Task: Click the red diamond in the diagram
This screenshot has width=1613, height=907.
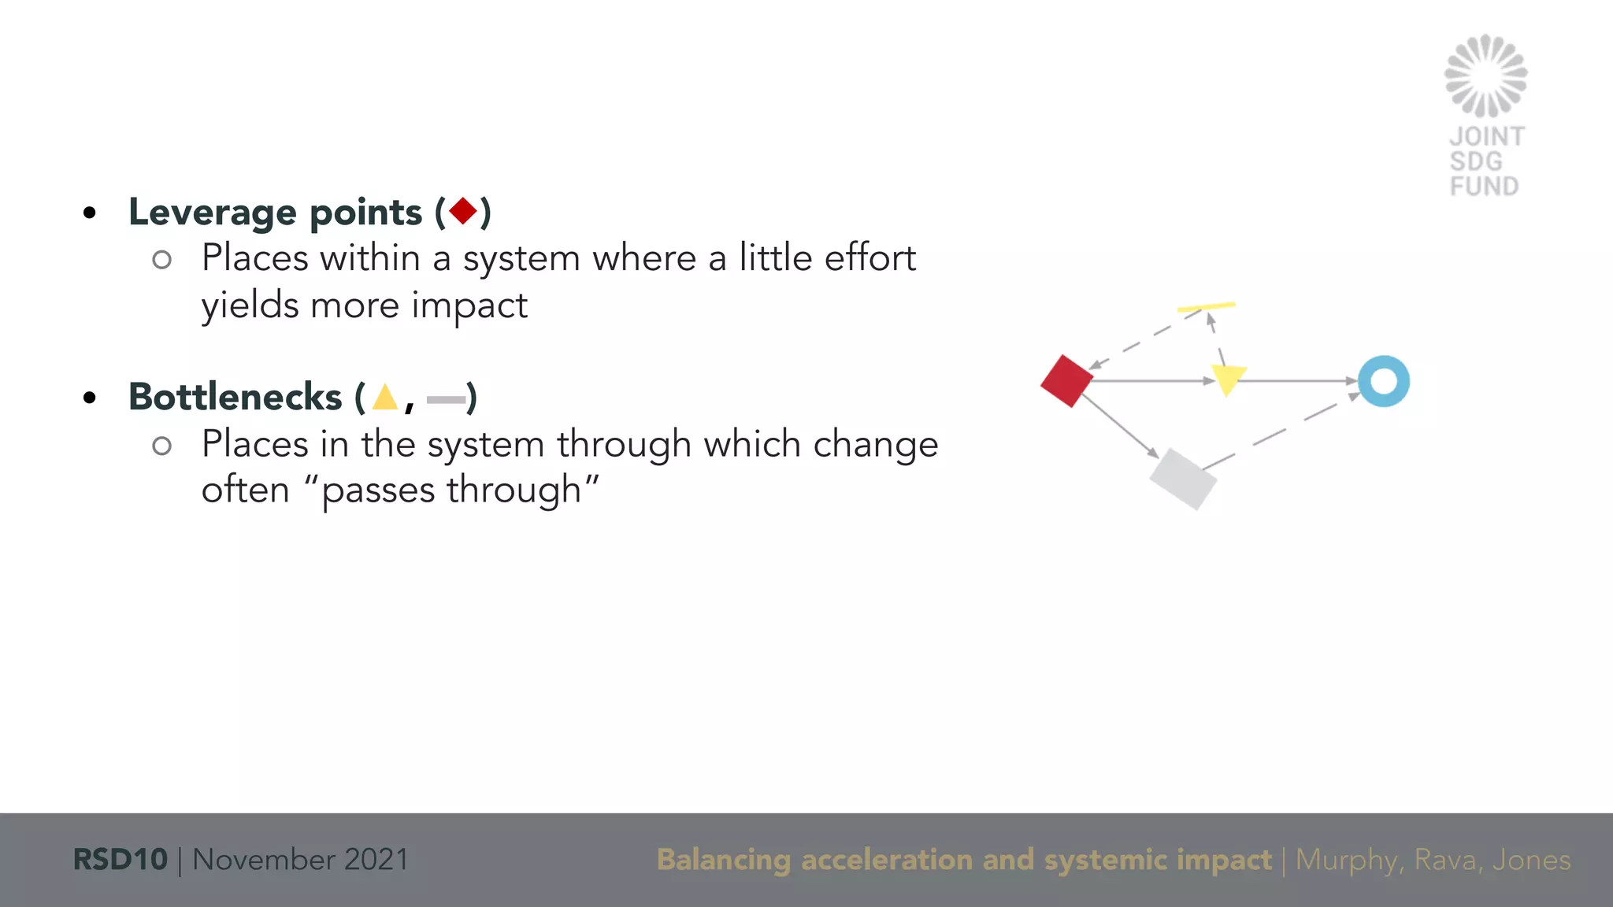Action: point(1066,381)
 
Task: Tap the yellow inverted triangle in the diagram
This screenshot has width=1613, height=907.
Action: point(1227,379)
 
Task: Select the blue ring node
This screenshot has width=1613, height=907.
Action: point(1384,381)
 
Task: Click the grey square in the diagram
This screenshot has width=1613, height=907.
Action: point(1183,479)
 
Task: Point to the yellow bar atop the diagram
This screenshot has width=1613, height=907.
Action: point(1206,307)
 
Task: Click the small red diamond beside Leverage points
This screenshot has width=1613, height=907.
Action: point(463,211)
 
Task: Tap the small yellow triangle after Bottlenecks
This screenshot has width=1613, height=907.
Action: point(385,397)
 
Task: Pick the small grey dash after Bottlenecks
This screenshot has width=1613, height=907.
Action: point(446,400)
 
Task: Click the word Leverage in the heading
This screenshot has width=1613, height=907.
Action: point(213,213)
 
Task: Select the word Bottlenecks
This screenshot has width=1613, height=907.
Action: point(235,397)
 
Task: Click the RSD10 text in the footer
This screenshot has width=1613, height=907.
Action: point(120,859)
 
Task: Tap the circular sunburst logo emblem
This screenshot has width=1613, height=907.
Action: point(1485,76)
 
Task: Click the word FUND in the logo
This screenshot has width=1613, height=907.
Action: point(1484,187)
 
